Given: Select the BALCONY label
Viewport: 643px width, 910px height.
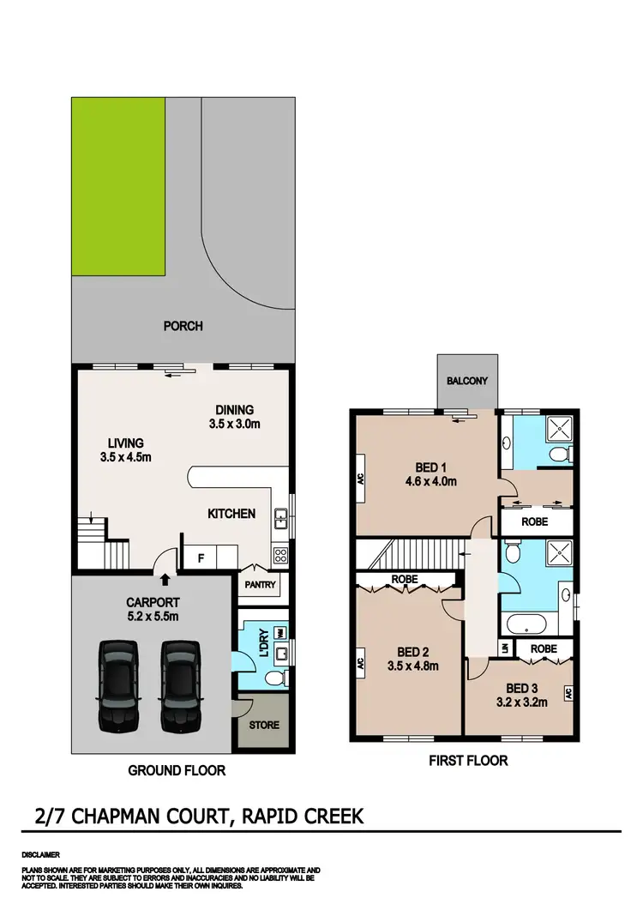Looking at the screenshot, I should click(x=466, y=381).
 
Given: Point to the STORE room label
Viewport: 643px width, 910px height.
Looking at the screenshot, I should click(x=264, y=725).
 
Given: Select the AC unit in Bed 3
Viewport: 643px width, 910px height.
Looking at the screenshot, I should click(x=568, y=692).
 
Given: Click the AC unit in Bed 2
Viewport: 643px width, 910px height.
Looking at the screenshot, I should click(x=361, y=662).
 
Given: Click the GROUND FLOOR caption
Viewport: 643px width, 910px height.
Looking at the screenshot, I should click(x=177, y=770).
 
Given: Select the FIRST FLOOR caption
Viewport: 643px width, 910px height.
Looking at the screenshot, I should click(x=468, y=760).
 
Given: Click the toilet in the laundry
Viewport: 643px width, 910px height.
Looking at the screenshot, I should click(x=273, y=679).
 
